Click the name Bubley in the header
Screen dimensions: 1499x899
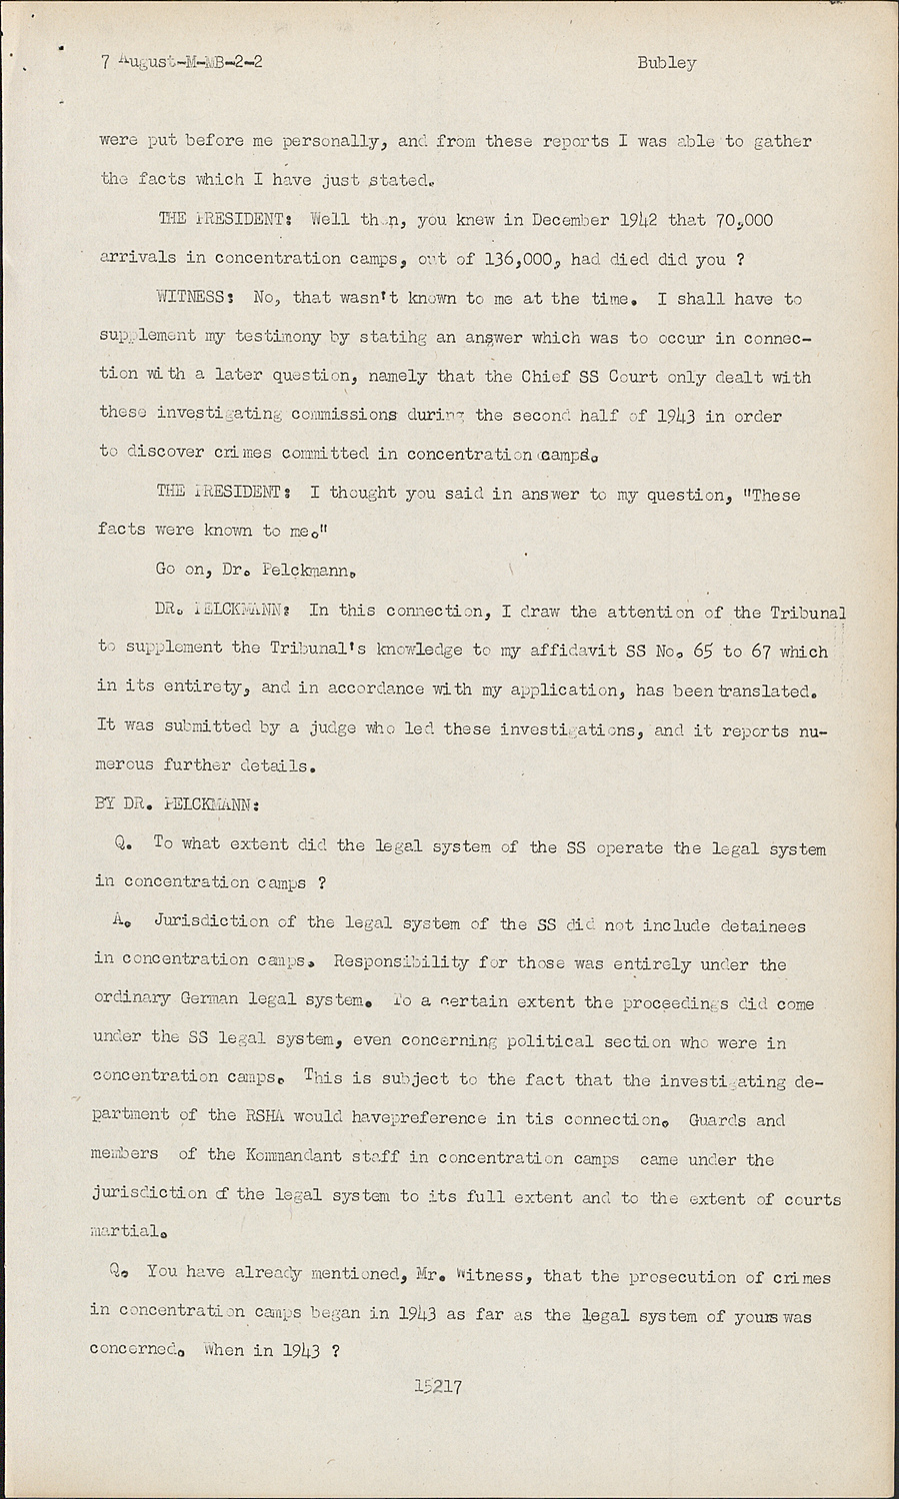[666, 63]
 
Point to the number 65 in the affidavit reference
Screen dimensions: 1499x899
[702, 652]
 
